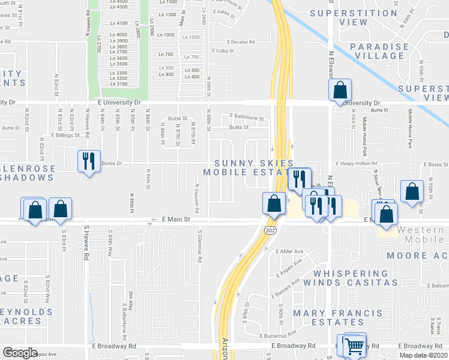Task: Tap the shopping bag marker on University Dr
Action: (x=340, y=91)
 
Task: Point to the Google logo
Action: (x=20, y=353)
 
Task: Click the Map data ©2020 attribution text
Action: (x=424, y=355)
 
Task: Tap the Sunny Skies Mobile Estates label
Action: (x=255, y=168)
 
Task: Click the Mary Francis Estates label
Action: (x=337, y=317)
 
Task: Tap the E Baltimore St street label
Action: (x=246, y=118)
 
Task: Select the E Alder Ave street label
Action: (x=290, y=251)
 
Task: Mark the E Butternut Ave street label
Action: (x=279, y=333)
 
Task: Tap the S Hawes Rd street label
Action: (x=86, y=245)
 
